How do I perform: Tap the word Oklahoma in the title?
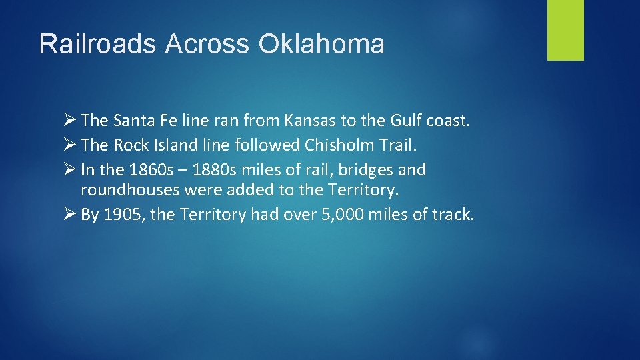coord(321,44)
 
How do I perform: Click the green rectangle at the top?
coord(565,30)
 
